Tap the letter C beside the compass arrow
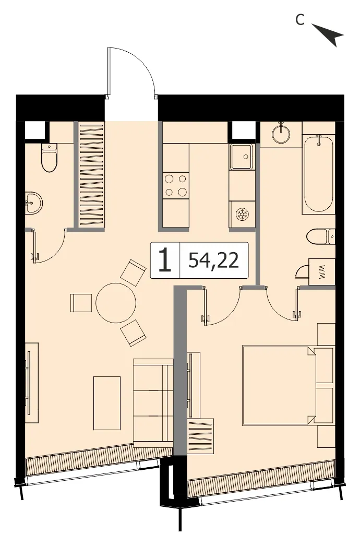pos(300,20)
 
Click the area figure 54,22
pos(214,260)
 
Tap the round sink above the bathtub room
pos(281,133)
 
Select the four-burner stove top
pos(176,185)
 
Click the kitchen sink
pos(241,157)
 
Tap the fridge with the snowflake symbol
pos(241,215)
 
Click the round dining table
pos(116,303)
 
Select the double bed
pos(279,385)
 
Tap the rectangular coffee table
pos(107,403)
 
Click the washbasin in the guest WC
pos(33,203)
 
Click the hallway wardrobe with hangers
pos(91,174)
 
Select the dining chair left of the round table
pos(81,303)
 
